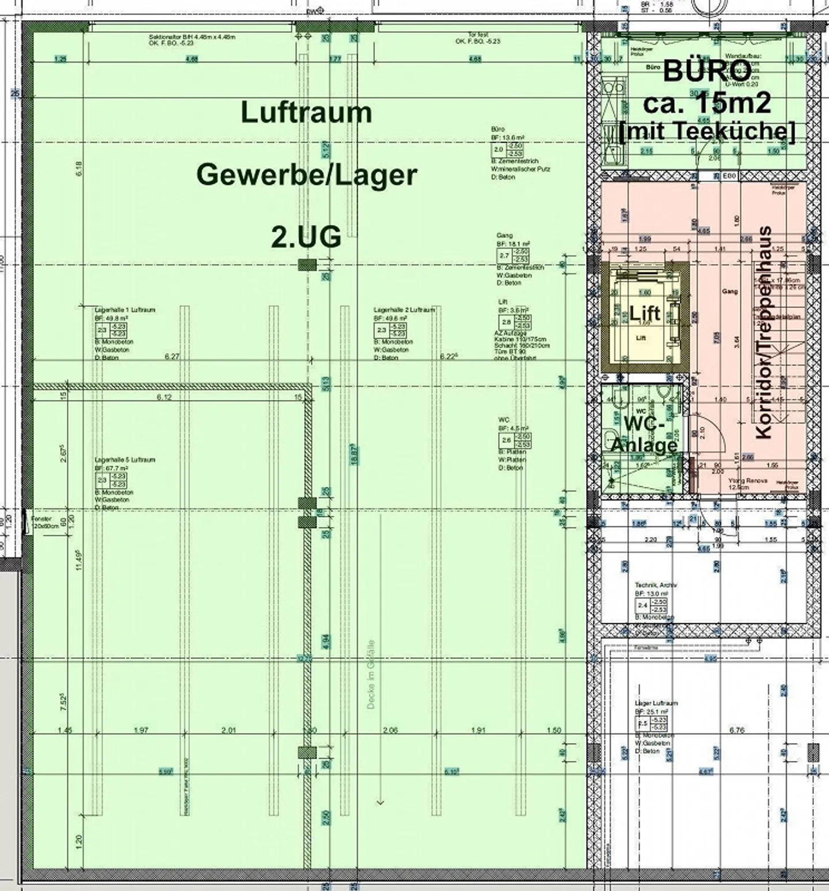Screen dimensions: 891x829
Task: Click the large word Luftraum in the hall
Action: (x=306, y=112)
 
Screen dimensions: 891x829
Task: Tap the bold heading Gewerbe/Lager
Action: (x=306, y=174)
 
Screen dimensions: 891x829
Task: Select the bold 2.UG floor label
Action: (x=306, y=237)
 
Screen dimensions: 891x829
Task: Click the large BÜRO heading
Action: (x=707, y=71)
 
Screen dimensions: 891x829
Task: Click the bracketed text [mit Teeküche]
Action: (x=707, y=131)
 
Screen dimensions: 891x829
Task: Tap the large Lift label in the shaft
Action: (x=644, y=314)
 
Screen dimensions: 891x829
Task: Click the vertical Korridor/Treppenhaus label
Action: (x=764, y=333)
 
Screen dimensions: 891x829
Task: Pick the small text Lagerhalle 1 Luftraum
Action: (x=125, y=310)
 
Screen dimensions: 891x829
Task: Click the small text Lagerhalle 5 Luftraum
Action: (x=125, y=460)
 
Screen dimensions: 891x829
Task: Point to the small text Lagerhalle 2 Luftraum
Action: (x=404, y=310)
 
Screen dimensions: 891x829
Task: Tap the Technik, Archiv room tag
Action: (x=656, y=584)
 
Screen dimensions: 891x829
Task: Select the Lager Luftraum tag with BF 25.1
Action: (x=656, y=703)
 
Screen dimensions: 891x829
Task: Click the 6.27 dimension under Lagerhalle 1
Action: (x=172, y=357)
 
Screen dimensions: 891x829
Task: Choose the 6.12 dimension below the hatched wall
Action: (x=165, y=397)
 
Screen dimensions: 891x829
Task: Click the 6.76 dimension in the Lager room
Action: (x=737, y=730)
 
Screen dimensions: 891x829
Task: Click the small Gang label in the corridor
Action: (x=729, y=292)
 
